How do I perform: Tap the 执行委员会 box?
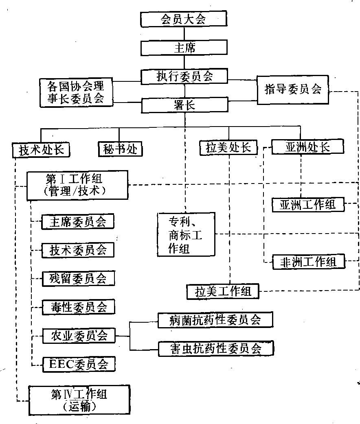(x=184, y=76)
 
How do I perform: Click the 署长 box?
(x=184, y=105)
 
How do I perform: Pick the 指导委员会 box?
(x=293, y=89)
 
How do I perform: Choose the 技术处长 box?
(x=41, y=149)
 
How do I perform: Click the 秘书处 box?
(x=120, y=149)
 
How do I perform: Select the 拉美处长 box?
(x=228, y=147)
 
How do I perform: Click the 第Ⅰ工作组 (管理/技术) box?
(x=77, y=185)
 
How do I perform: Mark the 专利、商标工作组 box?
(x=186, y=234)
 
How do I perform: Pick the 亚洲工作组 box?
(x=308, y=204)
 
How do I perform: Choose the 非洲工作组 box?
(x=308, y=262)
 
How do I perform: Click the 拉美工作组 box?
(x=223, y=292)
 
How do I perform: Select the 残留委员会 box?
(x=78, y=278)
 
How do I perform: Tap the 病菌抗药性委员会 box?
(x=215, y=320)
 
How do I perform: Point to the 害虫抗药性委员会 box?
(x=215, y=348)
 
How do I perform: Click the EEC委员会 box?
(x=79, y=364)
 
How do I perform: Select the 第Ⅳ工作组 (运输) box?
(x=79, y=400)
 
